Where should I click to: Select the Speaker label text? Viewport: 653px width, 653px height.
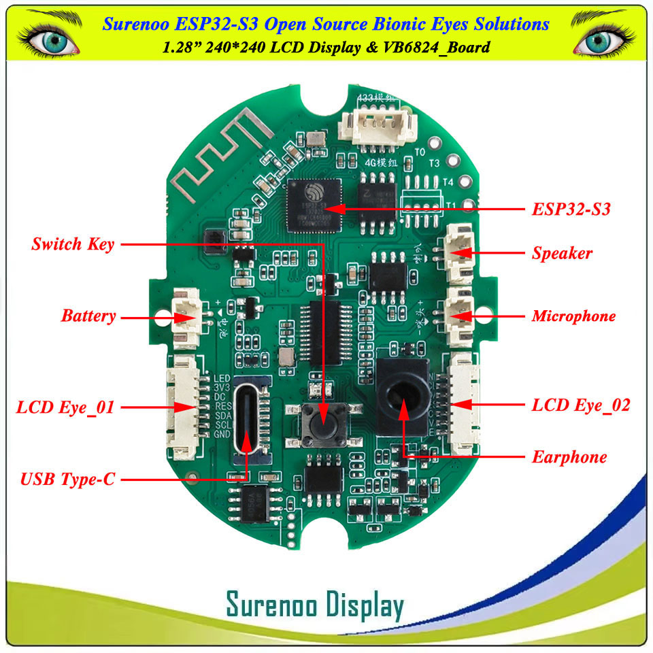(562, 254)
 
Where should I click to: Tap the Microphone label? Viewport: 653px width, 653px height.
(573, 316)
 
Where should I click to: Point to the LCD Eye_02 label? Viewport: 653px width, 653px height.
(580, 406)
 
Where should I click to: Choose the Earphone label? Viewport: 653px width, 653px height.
(569, 457)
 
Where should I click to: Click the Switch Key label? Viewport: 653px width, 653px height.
(73, 244)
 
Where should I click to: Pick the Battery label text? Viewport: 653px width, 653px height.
(88, 316)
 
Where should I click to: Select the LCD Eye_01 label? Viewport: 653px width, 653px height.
(65, 408)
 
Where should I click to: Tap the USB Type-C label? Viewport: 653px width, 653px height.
(68, 480)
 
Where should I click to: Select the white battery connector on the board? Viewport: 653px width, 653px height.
(186, 314)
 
